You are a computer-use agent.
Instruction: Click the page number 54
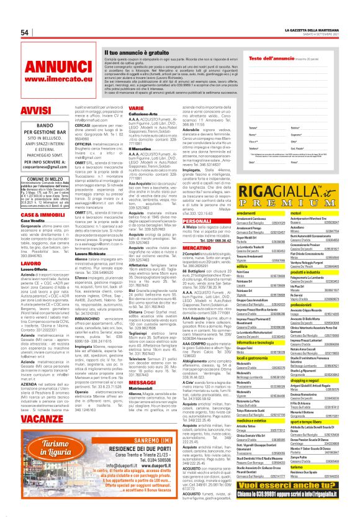click(25, 32)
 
